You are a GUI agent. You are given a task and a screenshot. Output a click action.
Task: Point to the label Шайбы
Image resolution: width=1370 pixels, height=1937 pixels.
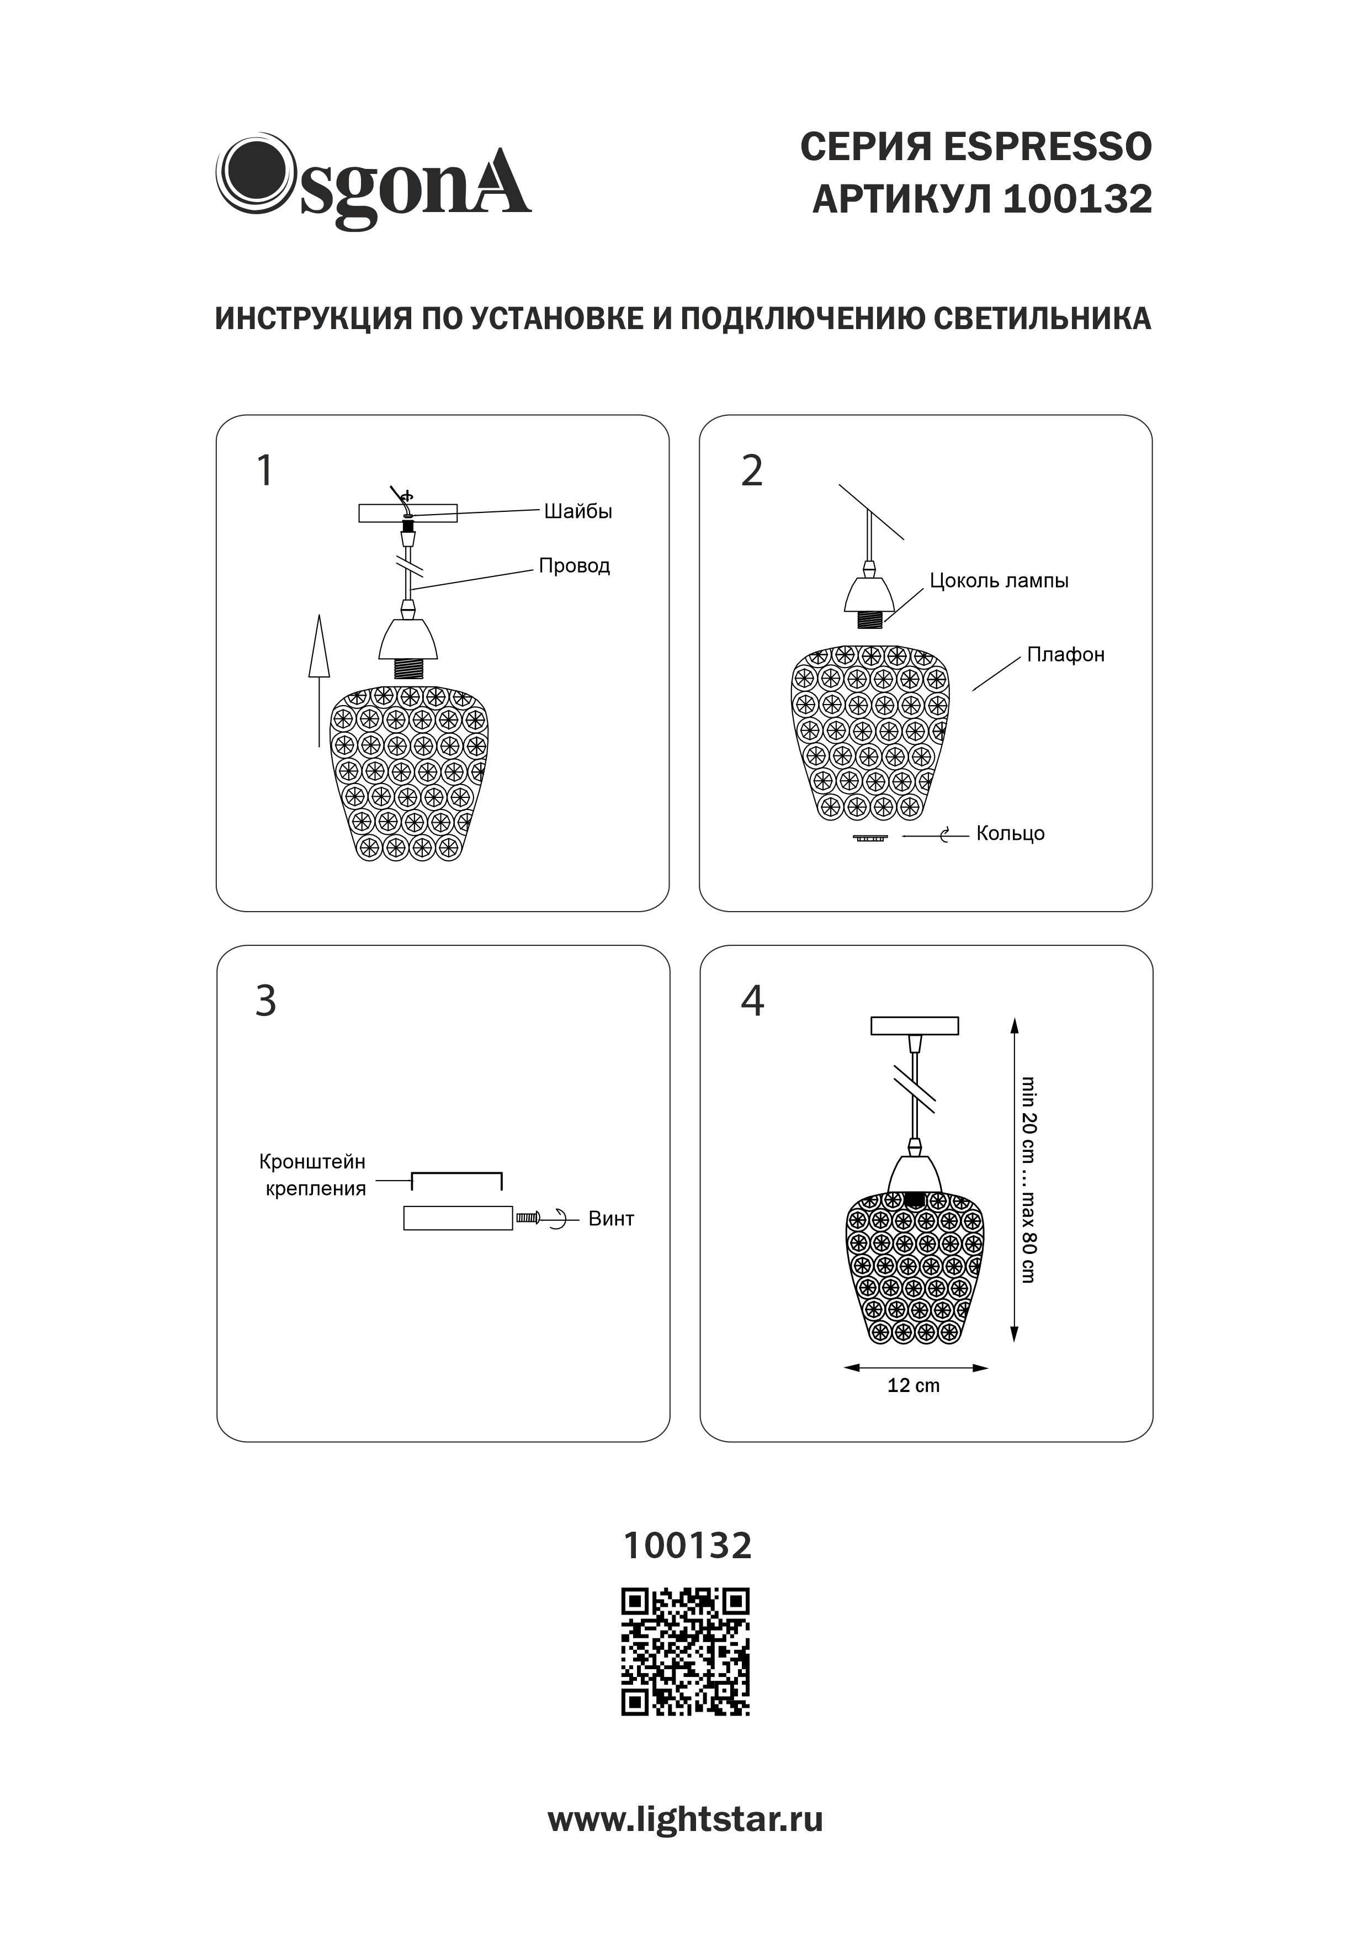coord(578,511)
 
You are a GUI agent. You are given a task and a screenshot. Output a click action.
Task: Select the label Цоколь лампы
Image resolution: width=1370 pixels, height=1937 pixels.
coord(999,580)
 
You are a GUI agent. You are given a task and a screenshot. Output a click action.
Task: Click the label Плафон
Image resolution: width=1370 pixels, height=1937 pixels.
coord(1065,655)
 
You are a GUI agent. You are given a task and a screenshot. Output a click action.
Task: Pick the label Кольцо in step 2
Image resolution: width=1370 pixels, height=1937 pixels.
coord(1010,834)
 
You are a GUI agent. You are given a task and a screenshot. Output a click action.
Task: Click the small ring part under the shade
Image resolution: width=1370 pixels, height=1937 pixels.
coord(870,838)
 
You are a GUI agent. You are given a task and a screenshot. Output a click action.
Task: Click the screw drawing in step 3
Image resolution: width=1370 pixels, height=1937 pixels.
coord(528,1218)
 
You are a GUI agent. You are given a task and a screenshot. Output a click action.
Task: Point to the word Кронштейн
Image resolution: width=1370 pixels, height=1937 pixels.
coord(312,1162)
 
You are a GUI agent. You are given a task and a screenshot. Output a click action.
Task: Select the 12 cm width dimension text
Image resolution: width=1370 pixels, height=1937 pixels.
coord(913,1385)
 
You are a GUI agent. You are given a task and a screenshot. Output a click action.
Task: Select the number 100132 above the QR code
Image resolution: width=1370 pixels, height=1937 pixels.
coord(687,1546)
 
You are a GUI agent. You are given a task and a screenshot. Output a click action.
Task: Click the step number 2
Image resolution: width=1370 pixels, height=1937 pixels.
coord(752,471)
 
